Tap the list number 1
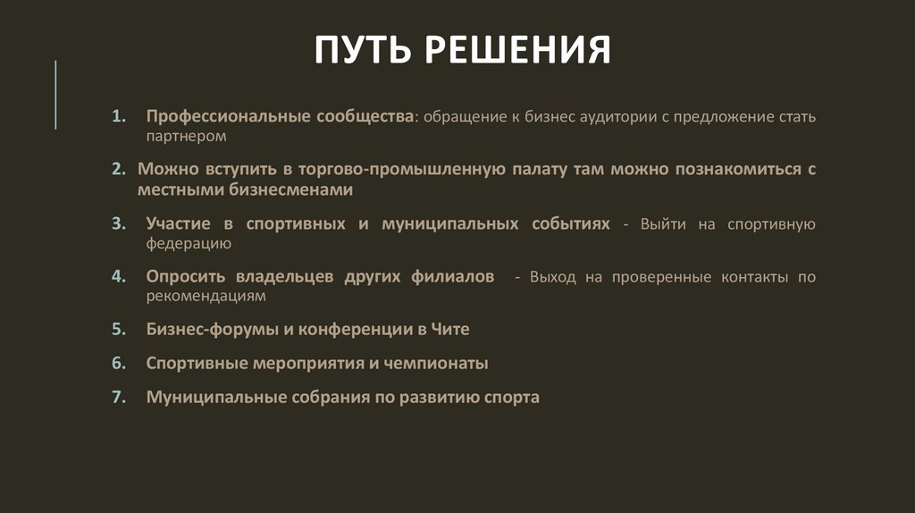tap(118, 117)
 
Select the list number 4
tap(118, 276)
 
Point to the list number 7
tap(118, 398)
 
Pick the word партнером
tap(188, 137)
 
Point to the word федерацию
tap(189, 243)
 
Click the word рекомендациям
tap(206, 296)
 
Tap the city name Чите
tap(451, 329)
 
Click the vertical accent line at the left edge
tap(55, 94)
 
